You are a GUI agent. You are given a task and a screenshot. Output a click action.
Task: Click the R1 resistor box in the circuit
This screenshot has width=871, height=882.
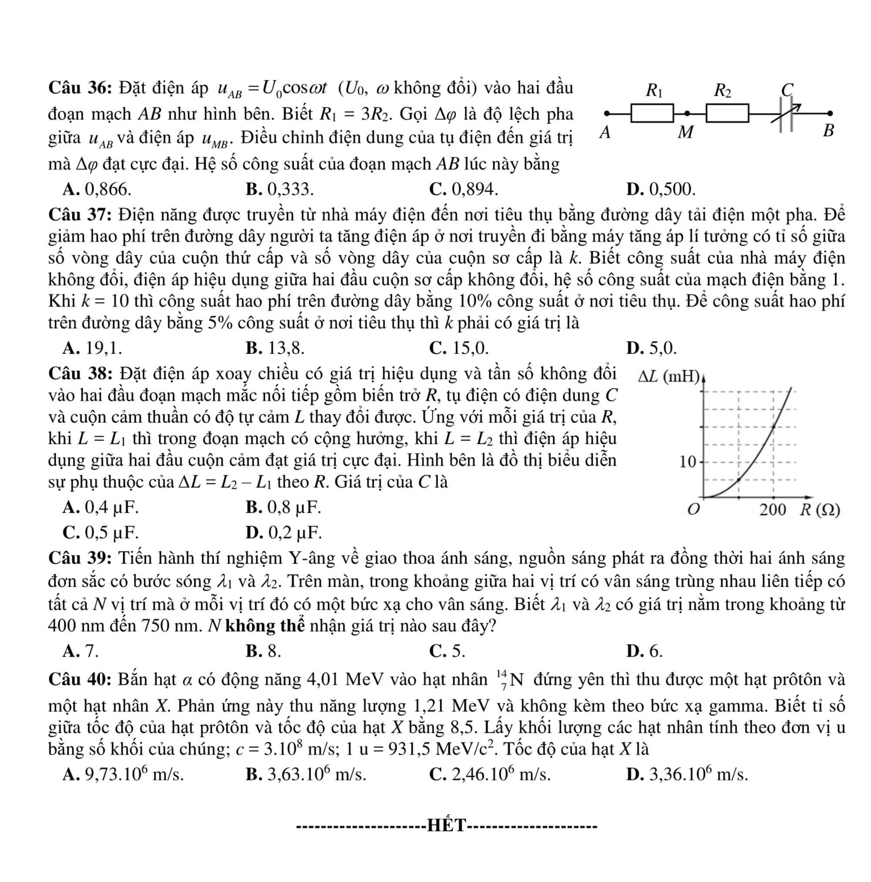point(652,113)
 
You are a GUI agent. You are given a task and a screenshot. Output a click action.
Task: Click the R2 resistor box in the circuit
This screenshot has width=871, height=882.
point(727,113)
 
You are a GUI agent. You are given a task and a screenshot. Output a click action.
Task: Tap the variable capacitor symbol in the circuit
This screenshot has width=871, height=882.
point(786,114)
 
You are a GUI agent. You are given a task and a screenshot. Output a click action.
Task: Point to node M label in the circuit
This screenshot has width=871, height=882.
point(685,132)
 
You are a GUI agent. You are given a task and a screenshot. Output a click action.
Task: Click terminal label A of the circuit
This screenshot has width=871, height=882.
point(605,132)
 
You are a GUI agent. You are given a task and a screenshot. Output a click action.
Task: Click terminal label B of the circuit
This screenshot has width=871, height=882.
point(828,131)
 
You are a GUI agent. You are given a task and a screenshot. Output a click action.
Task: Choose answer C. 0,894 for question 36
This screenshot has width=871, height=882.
point(463,189)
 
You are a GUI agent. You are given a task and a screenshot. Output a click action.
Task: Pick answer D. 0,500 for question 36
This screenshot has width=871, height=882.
point(661,189)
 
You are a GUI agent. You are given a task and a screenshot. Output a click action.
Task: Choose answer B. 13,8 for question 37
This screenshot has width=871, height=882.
point(275,348)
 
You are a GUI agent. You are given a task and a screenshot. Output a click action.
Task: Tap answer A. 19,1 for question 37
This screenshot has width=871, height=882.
point(92,348)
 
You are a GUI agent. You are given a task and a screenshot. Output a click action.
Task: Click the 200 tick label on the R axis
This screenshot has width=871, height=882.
point(773,510)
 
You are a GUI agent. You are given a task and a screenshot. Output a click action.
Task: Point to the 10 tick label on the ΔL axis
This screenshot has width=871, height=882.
point(688,462)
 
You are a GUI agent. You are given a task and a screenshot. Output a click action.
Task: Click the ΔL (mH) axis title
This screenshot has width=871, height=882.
point(668,377)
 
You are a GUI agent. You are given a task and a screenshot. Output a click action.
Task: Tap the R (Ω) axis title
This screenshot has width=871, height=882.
point(820,510)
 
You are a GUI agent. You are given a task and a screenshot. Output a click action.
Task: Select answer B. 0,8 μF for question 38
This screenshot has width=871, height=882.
point(283,507)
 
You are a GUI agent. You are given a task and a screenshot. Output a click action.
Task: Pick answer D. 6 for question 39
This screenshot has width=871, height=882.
point(644,651)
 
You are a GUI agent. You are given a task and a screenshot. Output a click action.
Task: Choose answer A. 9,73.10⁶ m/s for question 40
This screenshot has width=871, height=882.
point(123,774)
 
